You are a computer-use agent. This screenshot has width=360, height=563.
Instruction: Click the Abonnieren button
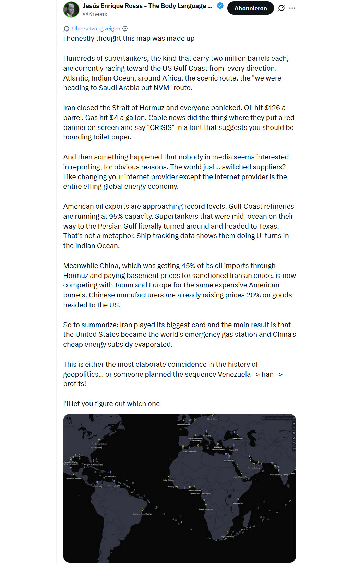[x=250, y=8]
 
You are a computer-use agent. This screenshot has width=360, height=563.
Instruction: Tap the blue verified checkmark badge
[x=220, y=5]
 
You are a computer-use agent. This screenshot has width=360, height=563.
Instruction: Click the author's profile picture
[x=71, y=9]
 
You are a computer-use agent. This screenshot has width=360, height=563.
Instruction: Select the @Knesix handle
[x=95, y=14]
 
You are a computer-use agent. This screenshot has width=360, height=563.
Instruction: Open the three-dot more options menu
[x=292, y=8]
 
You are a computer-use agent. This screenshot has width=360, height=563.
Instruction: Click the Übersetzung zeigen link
[x=96, y=28]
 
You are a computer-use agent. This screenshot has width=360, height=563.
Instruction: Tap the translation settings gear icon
[x=125, y=28]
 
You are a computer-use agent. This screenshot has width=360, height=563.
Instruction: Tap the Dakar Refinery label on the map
[x=168, y=480]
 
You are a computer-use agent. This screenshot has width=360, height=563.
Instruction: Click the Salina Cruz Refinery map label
[x=73, y=478]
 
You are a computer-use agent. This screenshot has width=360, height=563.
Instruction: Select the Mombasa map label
[x=238, y=503]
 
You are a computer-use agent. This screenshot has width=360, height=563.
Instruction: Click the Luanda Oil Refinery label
[x=206, y=509]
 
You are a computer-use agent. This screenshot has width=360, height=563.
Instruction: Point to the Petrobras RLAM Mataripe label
[x=143, y=514]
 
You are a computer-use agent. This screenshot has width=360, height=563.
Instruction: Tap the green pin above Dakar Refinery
[x=168, y=476]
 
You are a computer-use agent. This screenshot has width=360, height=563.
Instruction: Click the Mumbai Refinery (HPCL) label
[x=279, y=475]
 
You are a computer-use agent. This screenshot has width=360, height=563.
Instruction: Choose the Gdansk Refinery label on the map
[x=213, y=419]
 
